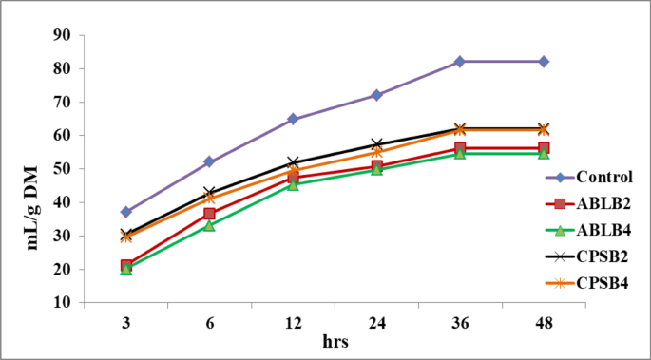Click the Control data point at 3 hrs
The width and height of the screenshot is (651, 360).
tap(125, 212)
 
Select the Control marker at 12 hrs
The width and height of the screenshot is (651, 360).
tap(293, 119)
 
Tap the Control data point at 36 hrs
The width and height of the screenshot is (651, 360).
tap(460, 61)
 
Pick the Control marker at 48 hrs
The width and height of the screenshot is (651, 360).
tap(544, 61)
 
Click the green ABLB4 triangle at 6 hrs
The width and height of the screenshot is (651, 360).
tap(209, 225)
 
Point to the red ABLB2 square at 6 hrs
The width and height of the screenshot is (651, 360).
tap(209, 214)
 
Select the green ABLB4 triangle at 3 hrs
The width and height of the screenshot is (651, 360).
tap(125, 269)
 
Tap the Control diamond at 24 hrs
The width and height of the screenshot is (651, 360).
tap(376, 95)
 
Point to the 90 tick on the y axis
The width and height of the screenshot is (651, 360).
tap(65, 35)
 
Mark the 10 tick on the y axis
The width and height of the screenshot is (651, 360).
tap(65, 303)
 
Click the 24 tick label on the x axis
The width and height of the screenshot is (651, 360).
tap(376, 323)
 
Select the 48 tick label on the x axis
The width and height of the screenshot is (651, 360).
tap(544, 323)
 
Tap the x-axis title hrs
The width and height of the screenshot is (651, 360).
tap(335, 340)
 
